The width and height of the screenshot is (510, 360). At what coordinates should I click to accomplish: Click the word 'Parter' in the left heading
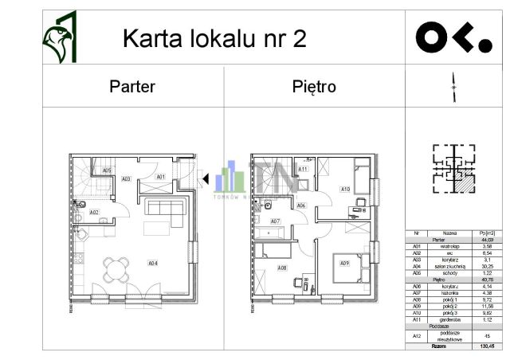pyautogui.click(x=132, y=87)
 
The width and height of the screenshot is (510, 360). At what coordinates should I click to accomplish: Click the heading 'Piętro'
pyautogui.click(x=314, y=87)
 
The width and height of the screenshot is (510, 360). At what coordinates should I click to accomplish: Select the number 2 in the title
pyautogui.click(x=299, y=39)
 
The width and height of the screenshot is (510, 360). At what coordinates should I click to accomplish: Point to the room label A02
pyautogui.click(x=94, y=213)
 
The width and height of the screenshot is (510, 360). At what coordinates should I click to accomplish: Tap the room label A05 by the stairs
pyautogui.click(x=107, y=170)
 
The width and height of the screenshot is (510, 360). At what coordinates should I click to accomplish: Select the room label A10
pyautogui.click(x=344, y=190)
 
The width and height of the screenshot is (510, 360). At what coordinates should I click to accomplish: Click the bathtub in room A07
pyautogui.click(x=271, y=233)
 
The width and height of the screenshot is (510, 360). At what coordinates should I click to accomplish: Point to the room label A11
pyautogui.click(x=303, y=169)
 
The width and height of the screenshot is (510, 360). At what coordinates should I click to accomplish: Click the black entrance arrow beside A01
pyautogui.click(x=206, y=179)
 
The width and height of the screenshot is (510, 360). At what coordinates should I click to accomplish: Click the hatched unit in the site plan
pyautogui.click(x=461, y=182)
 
